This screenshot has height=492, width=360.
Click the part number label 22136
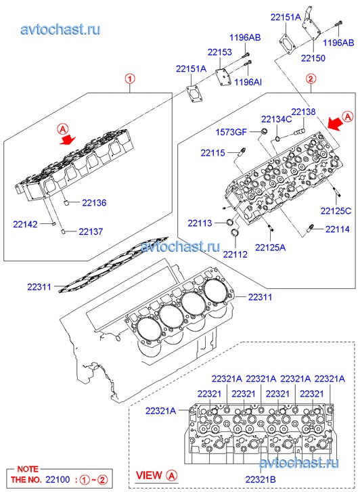point(94,203)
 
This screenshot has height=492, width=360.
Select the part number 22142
point(25,225)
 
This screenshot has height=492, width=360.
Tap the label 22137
point(91,231)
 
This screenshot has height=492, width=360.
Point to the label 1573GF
point(231,132)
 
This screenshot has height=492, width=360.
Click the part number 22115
point(212,153)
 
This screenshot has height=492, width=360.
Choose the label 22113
point(200,223)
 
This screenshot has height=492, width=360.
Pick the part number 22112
point(235,254)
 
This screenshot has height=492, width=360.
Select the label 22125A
point(270,248)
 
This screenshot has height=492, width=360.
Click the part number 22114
point(338,229)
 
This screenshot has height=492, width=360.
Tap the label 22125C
point(336,211)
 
